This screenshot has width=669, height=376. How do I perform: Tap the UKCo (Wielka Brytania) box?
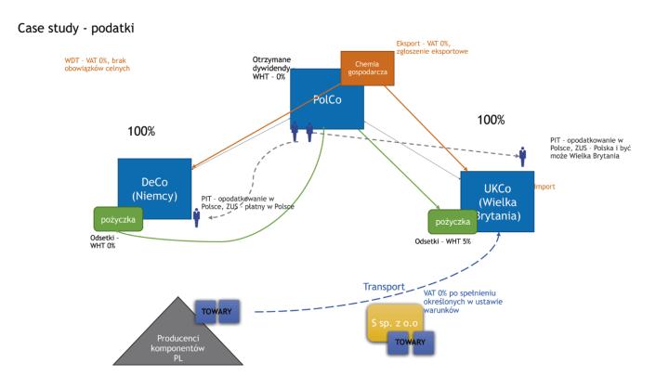pyautogui.click(x=498, y=195)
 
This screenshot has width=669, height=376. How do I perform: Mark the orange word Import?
pyautogui.click(x=544, y=187)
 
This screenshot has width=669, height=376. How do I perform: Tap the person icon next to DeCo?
pyautogui.click(x=197, y=217)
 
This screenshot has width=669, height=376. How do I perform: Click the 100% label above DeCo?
pyautogui.click(x=141, y=132)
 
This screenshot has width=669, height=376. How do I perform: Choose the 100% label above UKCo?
pyautogui.click(x=490, y=120)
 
